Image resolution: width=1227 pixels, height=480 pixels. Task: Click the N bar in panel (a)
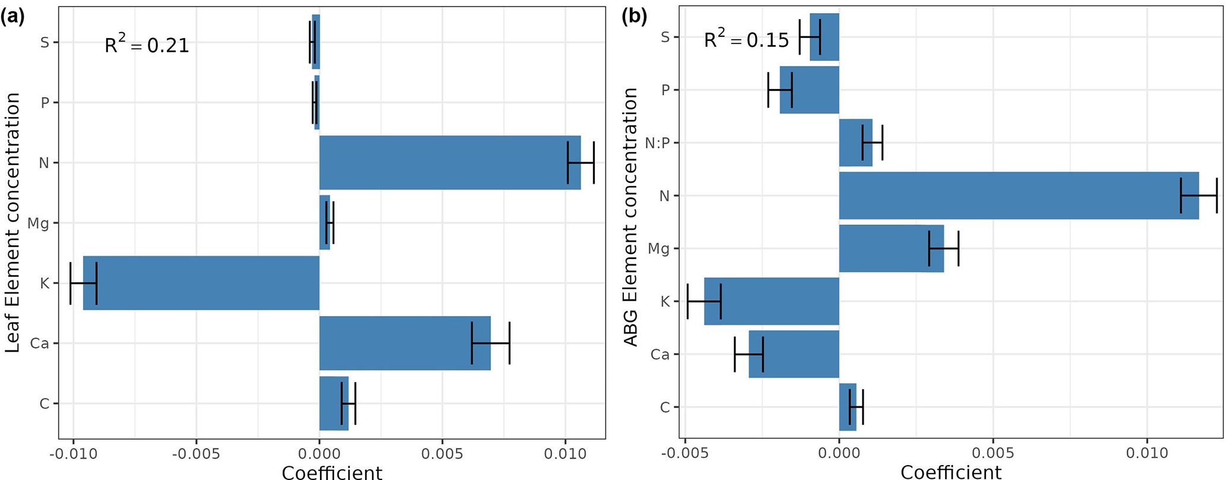[449, 162]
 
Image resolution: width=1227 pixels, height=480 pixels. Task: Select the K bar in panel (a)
[201, 283]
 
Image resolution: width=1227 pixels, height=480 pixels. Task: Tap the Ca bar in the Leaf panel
[405, 343]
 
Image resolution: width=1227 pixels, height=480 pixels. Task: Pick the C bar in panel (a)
[334, 403]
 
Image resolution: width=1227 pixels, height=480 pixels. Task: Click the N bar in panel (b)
[1019, 195]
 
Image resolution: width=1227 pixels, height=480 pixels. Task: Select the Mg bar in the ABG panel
[891, 248]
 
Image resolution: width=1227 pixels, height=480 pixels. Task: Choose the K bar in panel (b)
[772, 301]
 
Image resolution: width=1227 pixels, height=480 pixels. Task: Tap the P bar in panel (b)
[809, 90]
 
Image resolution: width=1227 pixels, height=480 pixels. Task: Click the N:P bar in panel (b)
[855, 143]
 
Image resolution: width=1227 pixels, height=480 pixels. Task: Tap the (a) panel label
[12, 17]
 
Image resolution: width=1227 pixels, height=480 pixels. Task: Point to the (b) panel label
[634, 17]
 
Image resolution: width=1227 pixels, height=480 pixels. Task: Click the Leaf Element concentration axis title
[12, 223]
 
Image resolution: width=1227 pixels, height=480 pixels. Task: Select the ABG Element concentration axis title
[630, 217]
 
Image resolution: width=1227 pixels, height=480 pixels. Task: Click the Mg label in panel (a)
[39, 223]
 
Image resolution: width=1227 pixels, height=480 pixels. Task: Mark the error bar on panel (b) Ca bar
[749, 354]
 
